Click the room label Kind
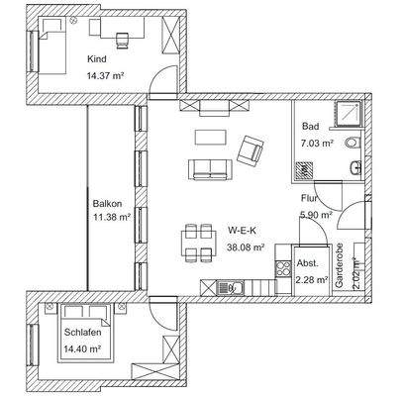click(x=96, y=57)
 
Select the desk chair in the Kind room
click(x=124, y=41)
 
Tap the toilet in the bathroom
click(x=353, y=168)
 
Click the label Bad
click(x=311, y=128)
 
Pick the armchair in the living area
click(x=252, y=151)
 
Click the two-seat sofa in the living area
click(x=208, y=169)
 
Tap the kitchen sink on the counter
click(x=236, y=288)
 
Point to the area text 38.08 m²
click(x=246, y=247)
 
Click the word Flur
click(x=310, y=199)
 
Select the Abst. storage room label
click(x=307, y=266)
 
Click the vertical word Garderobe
click(x=339, y=268)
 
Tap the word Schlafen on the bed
click(x=83, y=334)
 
